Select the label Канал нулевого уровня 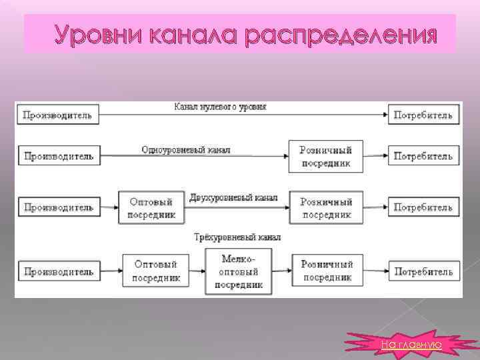click(x=220, y=107)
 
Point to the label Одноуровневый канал click(x=186, y=150)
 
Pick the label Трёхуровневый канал click(x=237, y=237)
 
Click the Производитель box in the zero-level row click(x=59, y=115)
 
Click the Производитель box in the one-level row click(x=59, y=157)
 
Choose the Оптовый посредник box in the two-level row click(x=150, y=207)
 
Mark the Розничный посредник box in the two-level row click(x=327, y=207)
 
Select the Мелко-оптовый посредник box click(x=238, y=271)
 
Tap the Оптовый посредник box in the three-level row click(x=157, y=271)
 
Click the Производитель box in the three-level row click(x=59, y=271)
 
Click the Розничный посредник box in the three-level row click(x=327, y=271)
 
